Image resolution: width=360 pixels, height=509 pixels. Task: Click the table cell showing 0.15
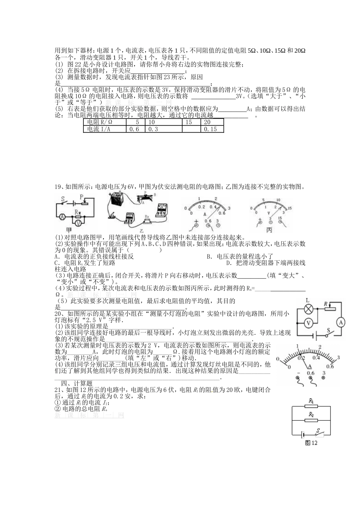click(x=211, y=129)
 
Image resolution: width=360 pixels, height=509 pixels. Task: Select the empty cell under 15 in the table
click(x=191, y=129)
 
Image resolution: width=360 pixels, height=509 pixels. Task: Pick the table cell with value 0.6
click(x=135, y=129)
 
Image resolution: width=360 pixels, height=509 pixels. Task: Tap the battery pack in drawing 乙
click(x=115, y=200)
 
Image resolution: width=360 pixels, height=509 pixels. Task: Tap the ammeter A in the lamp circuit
click(x=340, y=323)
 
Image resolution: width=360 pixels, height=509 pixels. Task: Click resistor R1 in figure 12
click(x=311, y=406)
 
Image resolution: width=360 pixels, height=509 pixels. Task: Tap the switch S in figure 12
click(x=319, y=432)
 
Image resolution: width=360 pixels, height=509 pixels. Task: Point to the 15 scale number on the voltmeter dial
click(x=289, y=209)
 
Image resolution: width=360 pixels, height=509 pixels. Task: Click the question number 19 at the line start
click(x=58, y=187)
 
